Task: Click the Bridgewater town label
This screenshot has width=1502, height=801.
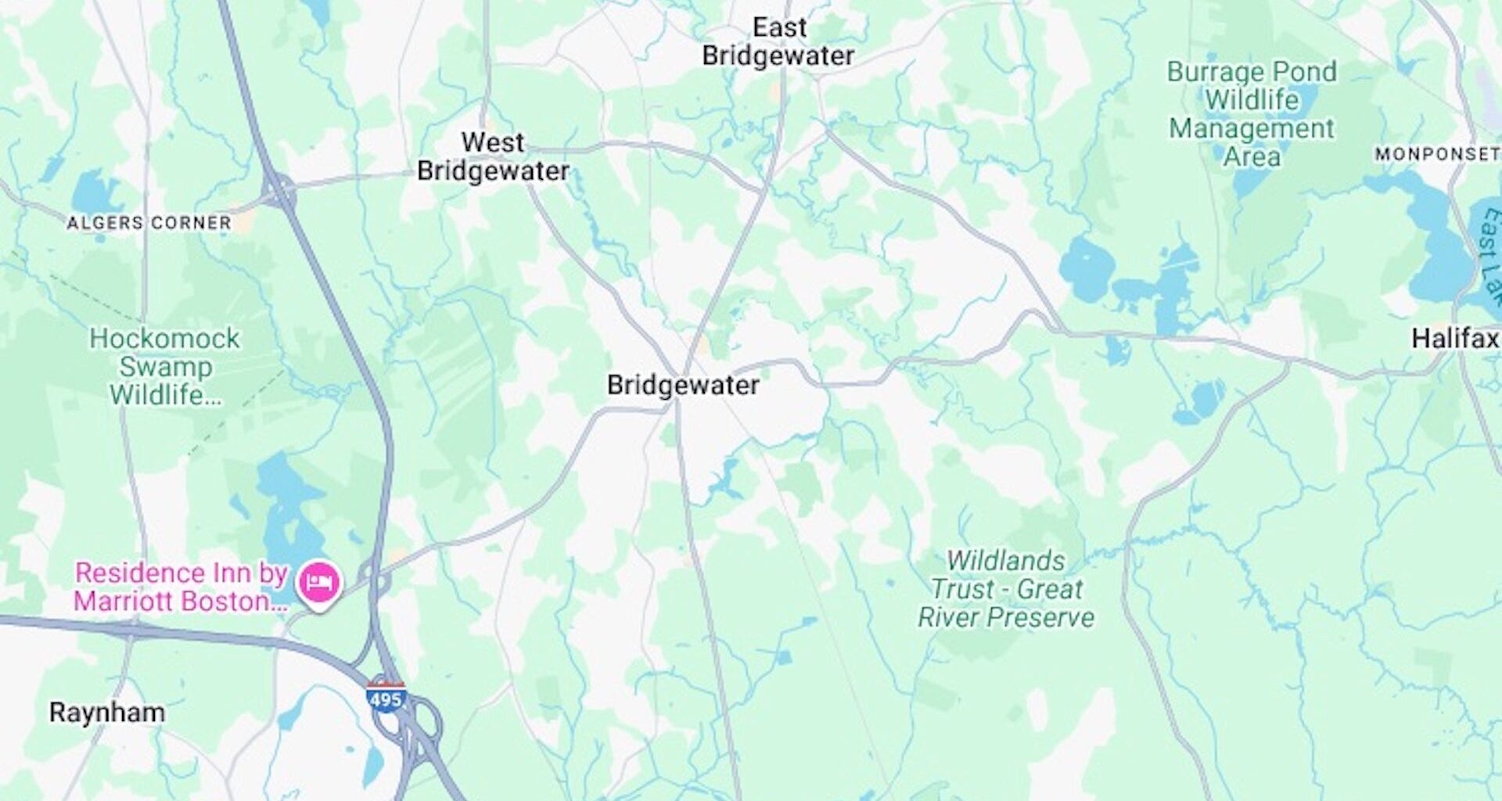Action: coord(683,385)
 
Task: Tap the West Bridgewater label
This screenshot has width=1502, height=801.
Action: coord(493,157)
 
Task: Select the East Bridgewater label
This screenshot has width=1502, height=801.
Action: coord(778,42)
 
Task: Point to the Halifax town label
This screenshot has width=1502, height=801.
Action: coord(1454,339)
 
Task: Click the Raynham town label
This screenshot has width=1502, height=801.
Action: coord(107,713)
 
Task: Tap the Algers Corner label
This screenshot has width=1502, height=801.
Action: coord(149,224)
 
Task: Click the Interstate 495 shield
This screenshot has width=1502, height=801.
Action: coord(386,698)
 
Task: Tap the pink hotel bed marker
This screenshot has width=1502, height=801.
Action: coord(318,583)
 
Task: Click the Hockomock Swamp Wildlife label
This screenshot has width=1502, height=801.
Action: coord(165,367)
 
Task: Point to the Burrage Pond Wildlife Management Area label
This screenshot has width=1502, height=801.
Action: coord(1252,114)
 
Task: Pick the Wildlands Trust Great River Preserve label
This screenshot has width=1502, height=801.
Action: coord(1006,589)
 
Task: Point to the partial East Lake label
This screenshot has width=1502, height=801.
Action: coord(1490,254)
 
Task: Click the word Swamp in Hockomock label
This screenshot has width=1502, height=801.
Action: coord(166,367)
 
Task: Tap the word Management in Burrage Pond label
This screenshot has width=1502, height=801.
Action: coord(1252,128)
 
